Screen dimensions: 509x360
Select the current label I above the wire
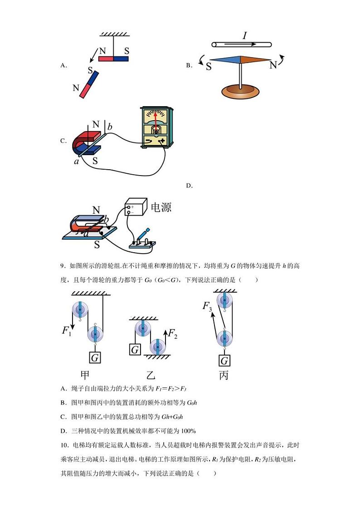click(244, 35)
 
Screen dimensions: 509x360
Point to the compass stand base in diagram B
click(241, 91)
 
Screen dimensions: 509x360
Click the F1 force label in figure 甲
click(67, 331)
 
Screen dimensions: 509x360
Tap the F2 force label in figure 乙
click(173, 335)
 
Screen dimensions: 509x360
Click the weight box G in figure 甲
click(95, 358)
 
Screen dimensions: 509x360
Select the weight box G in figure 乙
click(135, 350)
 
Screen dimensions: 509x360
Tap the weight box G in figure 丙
click(224, 361)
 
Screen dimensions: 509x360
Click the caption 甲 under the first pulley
click(85, 376)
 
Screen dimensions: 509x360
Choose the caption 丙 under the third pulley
click(224, 376)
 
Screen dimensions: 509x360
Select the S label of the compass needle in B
click(209, 67)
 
